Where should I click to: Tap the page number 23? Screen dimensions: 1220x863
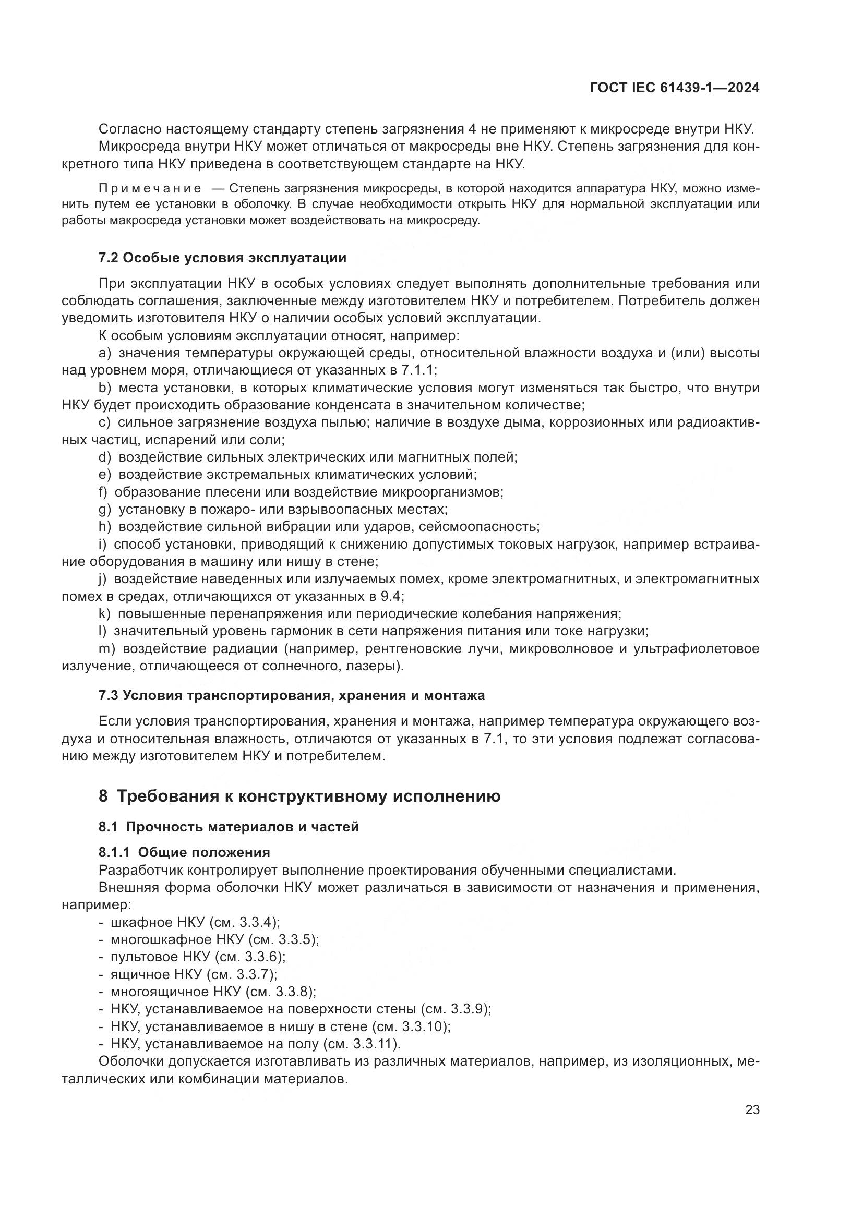click(x=752, y=1110)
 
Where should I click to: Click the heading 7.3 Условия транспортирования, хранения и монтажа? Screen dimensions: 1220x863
click(x=291, y=696)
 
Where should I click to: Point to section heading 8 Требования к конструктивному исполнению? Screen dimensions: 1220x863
click(x=299, y=796)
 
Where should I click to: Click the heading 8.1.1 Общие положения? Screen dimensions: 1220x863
click(x=184, y=852)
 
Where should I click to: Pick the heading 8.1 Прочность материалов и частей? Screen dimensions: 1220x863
click(x=229, y=827)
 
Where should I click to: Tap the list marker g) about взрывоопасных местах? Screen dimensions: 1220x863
click(x=104, y=510)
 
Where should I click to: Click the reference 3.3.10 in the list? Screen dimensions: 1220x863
click(x=425, y=1026)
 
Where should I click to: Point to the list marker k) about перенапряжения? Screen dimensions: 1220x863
click(x=104, y=614)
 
